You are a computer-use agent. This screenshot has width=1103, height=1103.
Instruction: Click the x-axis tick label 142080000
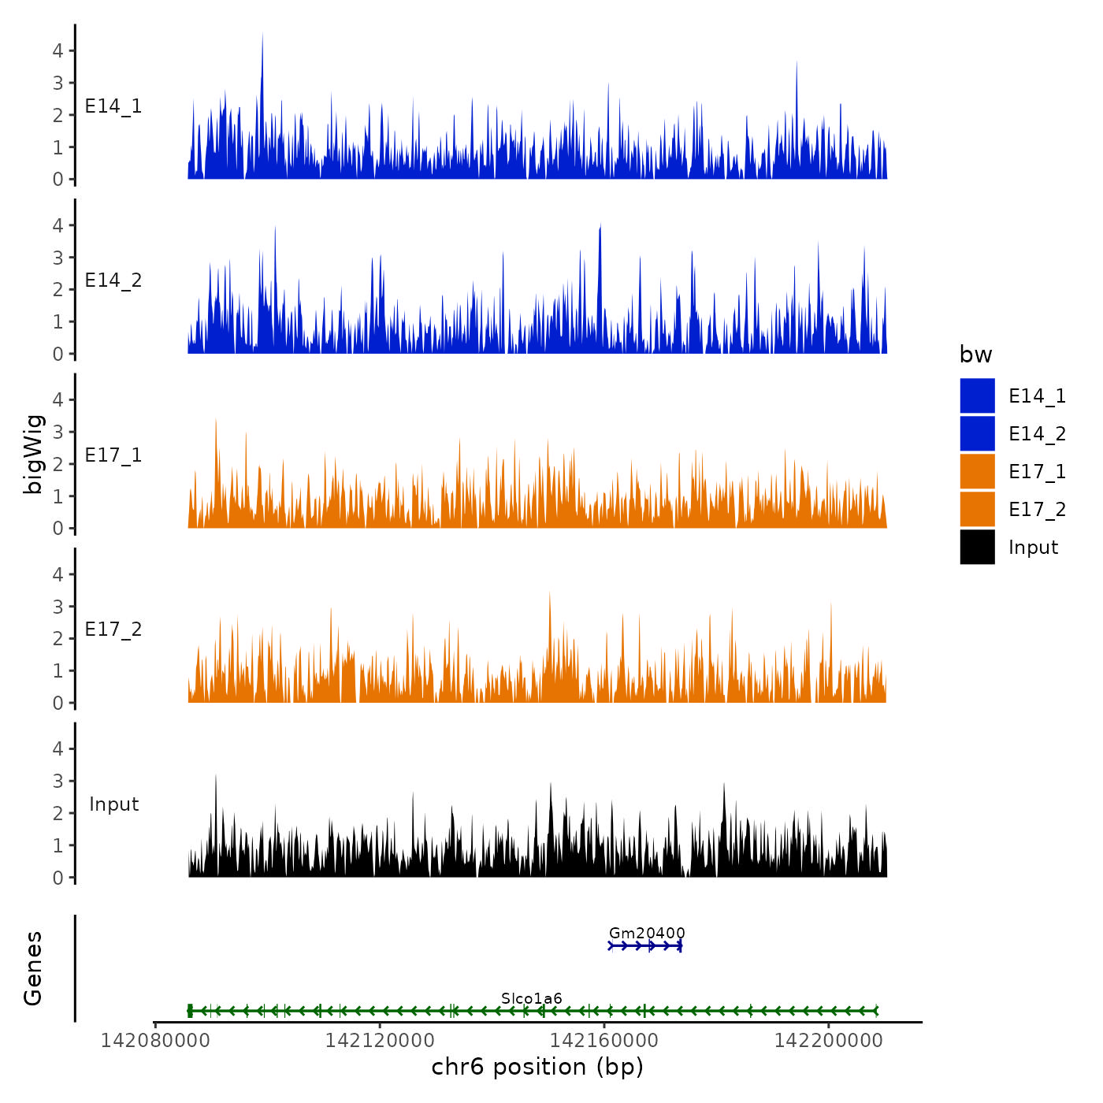pyautogui.click(x=155, y=1040)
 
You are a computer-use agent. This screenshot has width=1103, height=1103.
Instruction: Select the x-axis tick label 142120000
pyautogui.click(x=380, y=1040)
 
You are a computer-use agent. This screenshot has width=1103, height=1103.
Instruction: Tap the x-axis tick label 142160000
pyautogui.click(x=604, y=1040)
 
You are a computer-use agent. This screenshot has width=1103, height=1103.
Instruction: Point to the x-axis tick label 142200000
pyautogui.click(x=829, y=1040)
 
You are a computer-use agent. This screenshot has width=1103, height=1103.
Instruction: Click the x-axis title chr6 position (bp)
pyautogui.click(x=537, y=1067)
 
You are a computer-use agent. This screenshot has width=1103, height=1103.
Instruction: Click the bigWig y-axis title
pyautogui.click(x=33, y=454)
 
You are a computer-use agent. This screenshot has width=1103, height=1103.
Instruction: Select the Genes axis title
pyautogui.click(x=33, y=968)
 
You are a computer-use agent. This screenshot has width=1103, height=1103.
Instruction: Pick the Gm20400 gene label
pyautogui.click(x=647, y=934)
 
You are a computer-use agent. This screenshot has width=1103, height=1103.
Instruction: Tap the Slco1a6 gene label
pyautogui.click(x=532, y=999)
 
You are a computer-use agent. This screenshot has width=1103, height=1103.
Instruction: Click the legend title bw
pyautogui.click(x=975, y=355)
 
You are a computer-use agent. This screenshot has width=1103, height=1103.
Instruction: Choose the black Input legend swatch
pyautogui.click(x=977, y=547)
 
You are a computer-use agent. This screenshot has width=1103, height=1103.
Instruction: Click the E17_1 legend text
pyautogui.click(x=1037, y=471)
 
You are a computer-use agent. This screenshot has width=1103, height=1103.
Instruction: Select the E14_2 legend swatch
pyautogui.click(x=977, y=433)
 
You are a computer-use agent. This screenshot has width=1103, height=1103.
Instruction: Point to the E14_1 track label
pyautogui.click(x=113, y=106)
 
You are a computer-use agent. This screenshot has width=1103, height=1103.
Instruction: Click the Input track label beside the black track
pyautogui.click(x=113, y=804)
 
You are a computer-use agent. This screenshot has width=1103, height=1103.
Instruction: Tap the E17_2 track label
pyautogui.click(x=113, y=629)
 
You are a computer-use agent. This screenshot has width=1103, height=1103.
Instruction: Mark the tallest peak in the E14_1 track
pyautogui.click(x=262, y=35)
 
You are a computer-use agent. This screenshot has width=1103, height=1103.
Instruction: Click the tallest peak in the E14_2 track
pyautogui.click(x=600, y=227)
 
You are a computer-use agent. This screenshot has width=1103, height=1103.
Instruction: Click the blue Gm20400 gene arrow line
pyautogui.click(x=645, y=945)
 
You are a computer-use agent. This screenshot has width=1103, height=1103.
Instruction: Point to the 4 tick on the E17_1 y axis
pyautogui.click(x=58, y=399)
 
